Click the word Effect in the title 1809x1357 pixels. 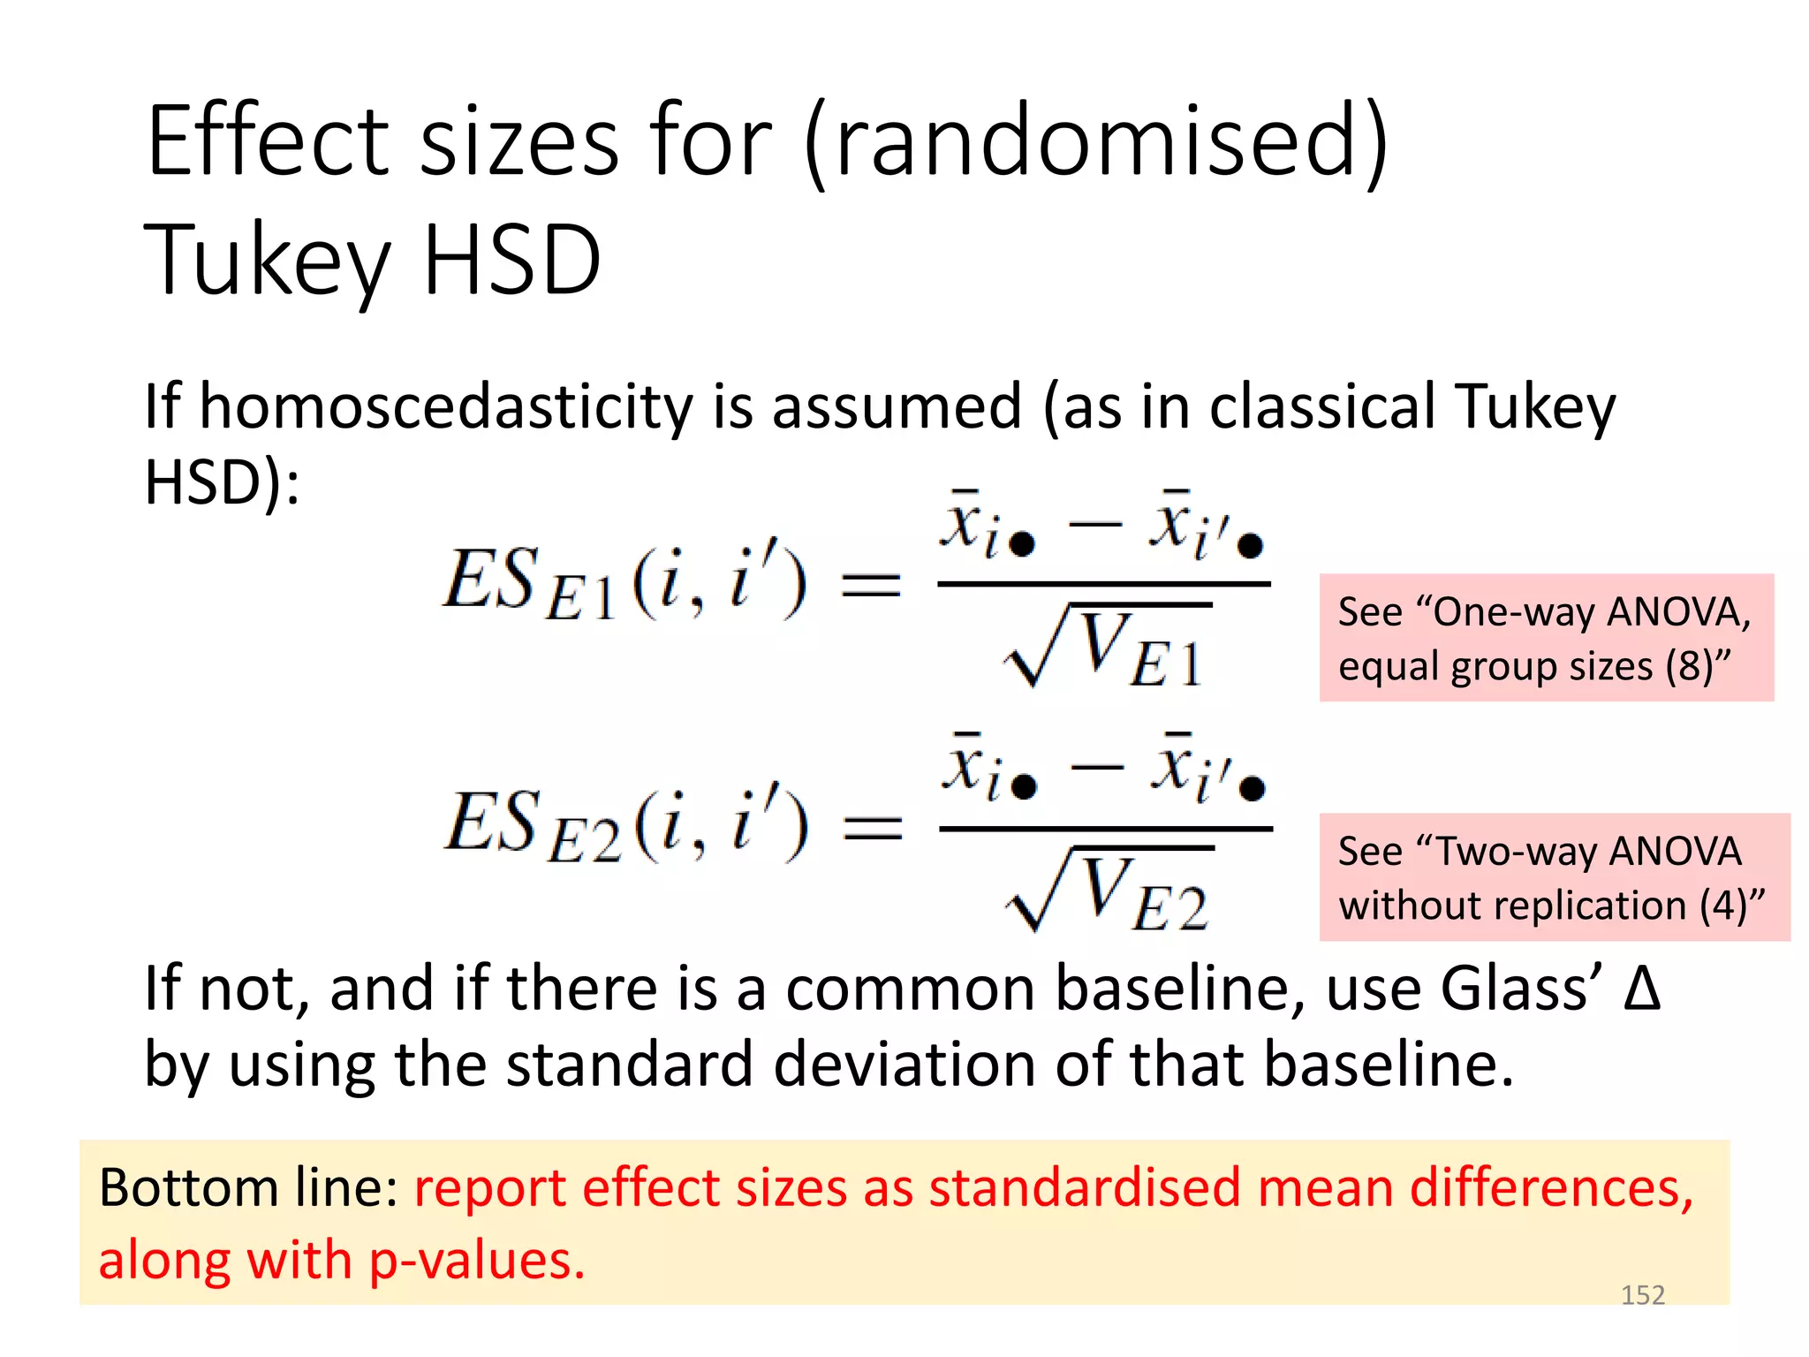pyautogui.click(x=267, y=141)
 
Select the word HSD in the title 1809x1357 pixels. pyautogui.click(x=512, y=260)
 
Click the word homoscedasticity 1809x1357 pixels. pyautogui.click(x=446, y=408)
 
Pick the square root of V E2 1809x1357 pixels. pyautogui.click(x=1108, y=891)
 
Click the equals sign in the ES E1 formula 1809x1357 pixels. pyautogui.click(x=871, y=585)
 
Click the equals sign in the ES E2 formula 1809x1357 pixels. pyautogui.click(x=873, y=828)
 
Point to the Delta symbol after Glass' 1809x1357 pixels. pyautogui.click(x=1642, y=989)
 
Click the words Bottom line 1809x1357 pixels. pyautogui.click(x=248, y=1188)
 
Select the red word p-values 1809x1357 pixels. pyautogui.click(x=477, y=1261)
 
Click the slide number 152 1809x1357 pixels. pyautogui.click(x=1642, y=1295)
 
